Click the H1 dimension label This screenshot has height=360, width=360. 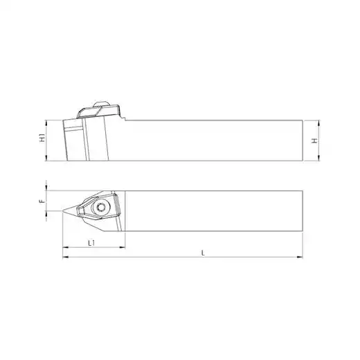pyautogui.click(x=42, y=138)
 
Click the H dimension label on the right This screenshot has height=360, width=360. pyautogui.click(x=314, y=141)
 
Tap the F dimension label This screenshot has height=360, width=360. pyautogui.click(x=42, y=201)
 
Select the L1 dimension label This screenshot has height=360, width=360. pyautogui.click(x=91, y=243)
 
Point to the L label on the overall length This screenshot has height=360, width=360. pyautogui.click(x=203, y=253)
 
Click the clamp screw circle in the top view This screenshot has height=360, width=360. pyautogui.click(x=100, y=208)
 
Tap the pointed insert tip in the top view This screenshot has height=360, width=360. pyautogui.click(x=62, y=210)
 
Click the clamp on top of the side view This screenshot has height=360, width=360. pyautogui.click(x=99, y=112)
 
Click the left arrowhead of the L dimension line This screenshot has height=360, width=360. pyautogui.click(x=66, y=257)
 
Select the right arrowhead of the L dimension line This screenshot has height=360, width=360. pyautogui.click(x=300, y=257)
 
